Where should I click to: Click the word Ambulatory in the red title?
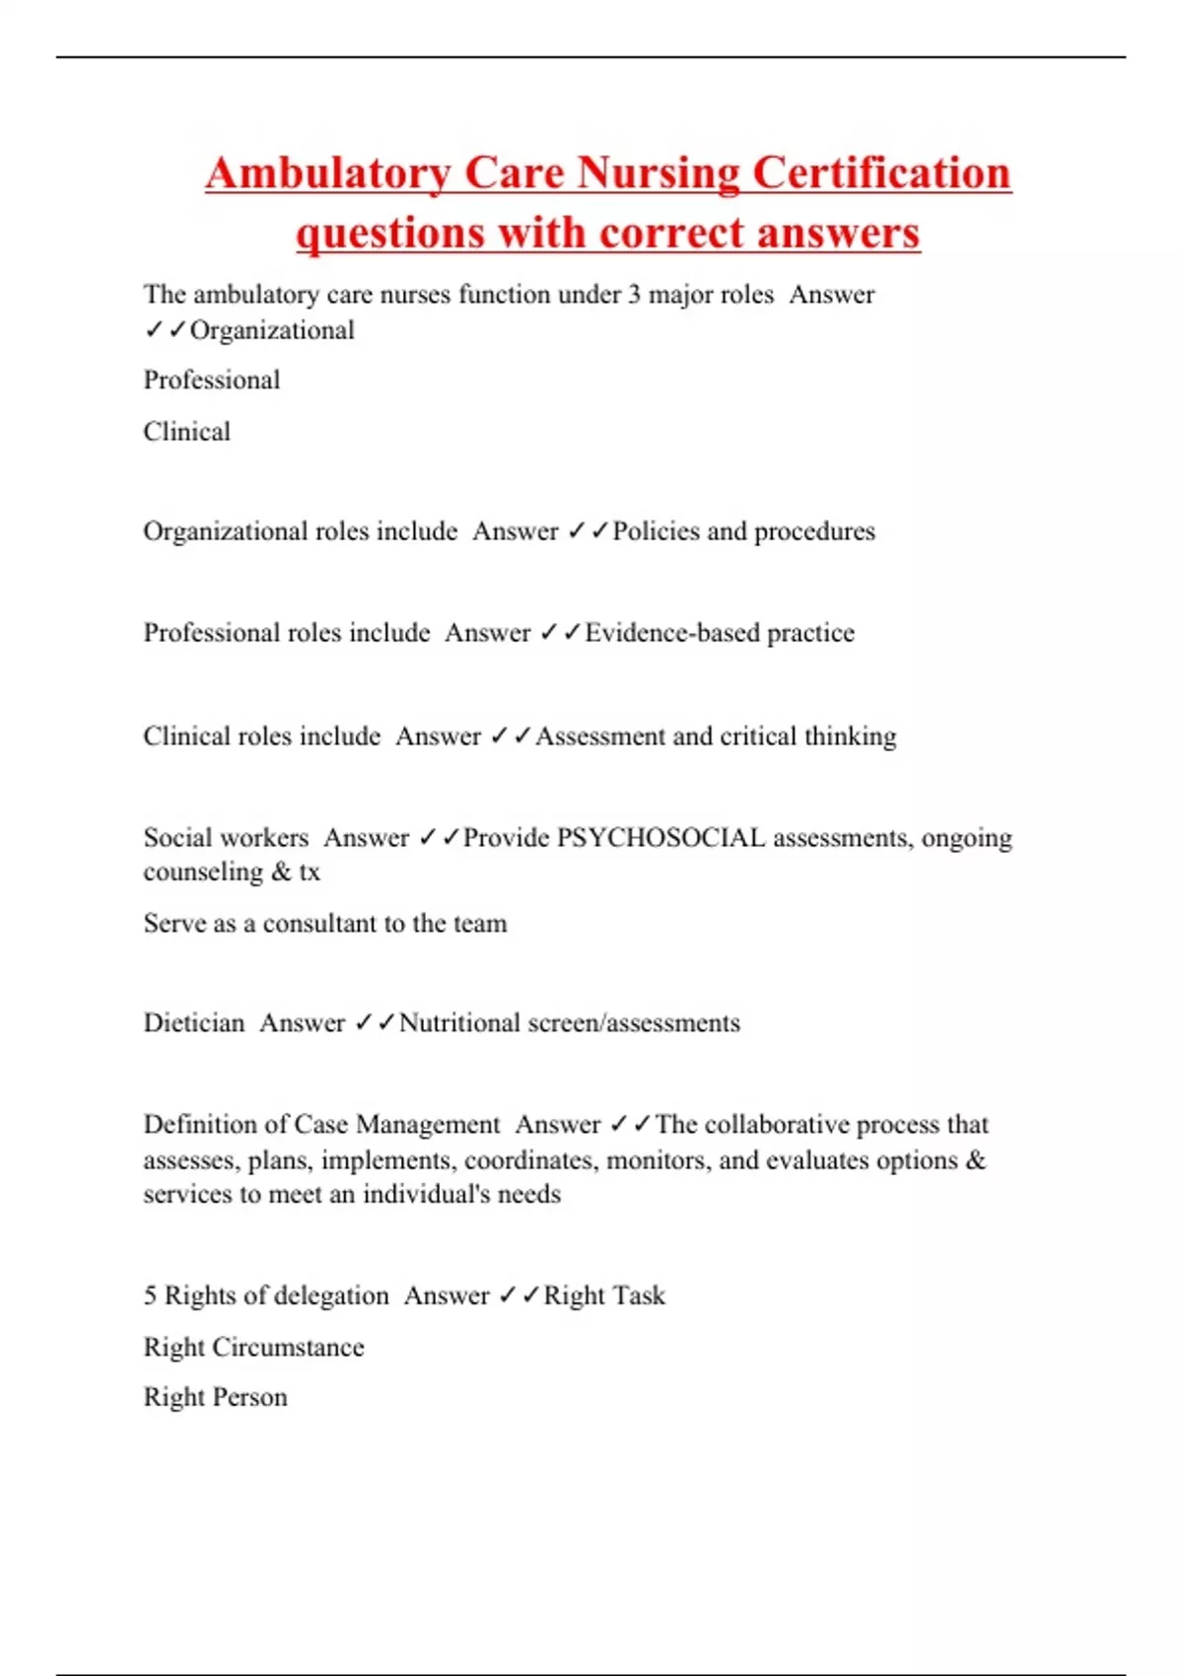point(327,174)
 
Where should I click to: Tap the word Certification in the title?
point(881,174)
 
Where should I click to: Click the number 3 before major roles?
point(634,295)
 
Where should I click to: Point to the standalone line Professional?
point(212,381)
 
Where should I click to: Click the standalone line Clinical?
point(187,432)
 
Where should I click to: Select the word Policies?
point(657,531)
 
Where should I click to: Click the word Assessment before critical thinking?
point(600,736)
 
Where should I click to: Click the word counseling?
point(203,873)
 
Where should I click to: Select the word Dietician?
point(194,1023)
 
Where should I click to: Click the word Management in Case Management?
point(428,1125)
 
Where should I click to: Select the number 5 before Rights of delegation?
point(150,1295)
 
